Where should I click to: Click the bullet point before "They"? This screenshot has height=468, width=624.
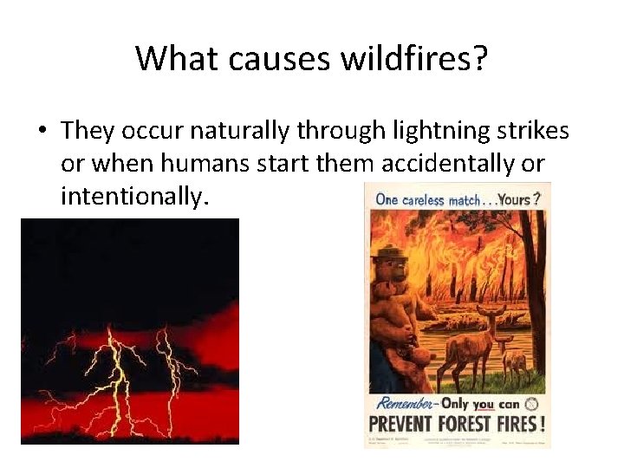pos(42,131)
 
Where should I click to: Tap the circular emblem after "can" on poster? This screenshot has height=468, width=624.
pos(532,404)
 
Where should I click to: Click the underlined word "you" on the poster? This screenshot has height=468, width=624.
pos(484,405)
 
